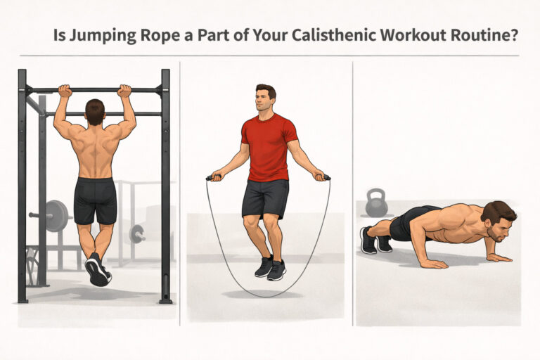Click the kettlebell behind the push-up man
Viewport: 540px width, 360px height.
pos(376,203)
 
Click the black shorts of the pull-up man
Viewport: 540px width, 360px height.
pos(95,200)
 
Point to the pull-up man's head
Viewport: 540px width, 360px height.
pos(95,112)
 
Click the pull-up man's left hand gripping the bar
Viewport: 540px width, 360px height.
pos(65,91)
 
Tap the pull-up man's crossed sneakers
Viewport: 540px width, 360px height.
pos(97,270)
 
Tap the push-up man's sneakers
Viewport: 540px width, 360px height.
pos(375,240)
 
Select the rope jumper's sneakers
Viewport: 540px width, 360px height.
pos(270,268)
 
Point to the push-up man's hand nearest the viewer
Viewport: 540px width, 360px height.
pos(432,263)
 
